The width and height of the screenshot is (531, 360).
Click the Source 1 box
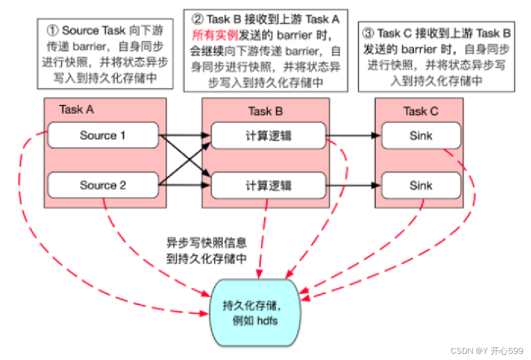pyautogui.click(x=102, y=136)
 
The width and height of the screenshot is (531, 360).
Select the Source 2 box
pyautogui.click(x=102, y=185)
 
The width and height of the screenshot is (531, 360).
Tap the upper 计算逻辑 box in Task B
pyautogui.click(x=268, y=136)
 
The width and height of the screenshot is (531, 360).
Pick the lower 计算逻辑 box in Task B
pyautogui.click(x=268, y=185)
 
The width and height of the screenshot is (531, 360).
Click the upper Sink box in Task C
pyautogui.click(x=420, y=136)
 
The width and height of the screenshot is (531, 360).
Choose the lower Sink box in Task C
pyautogui.click(x=420, y=185)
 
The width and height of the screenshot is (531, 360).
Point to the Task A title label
pyautogui.click(x=76, y=109)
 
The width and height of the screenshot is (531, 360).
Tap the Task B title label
pyautogui.click(x=265, y=111)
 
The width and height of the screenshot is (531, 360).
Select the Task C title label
pyautogui.click(x=420, y=111)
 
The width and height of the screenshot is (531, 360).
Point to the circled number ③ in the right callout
pyautogui.click(x=368, y=34)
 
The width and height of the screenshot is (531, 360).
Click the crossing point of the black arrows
pyautogui.click(x=185, y=160)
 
